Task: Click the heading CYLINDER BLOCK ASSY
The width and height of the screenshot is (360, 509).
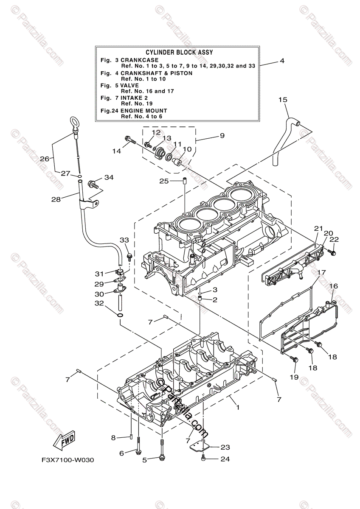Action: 176,52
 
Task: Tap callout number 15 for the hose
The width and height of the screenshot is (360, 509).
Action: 283,100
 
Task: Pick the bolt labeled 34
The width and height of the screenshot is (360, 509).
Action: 92,185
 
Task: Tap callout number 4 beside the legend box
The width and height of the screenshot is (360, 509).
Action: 282,61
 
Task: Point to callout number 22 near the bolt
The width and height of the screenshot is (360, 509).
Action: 334,240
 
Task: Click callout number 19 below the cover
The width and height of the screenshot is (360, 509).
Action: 294,376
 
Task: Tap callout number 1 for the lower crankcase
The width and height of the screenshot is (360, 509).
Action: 238,408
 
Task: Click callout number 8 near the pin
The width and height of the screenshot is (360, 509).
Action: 114,437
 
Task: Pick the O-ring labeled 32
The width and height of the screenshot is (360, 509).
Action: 120,316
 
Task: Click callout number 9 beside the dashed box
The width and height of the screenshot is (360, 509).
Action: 222,136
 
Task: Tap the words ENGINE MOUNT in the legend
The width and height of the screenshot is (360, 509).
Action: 142,110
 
